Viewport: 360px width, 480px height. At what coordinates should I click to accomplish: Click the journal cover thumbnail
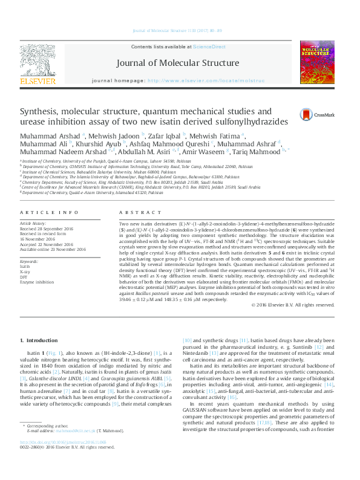pyautogui.click(x=318, y=61)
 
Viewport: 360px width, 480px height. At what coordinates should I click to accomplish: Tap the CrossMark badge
pyautogui.click(x=307, y=115)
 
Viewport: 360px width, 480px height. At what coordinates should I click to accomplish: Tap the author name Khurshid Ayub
pyautogui.click(x=101, y=144)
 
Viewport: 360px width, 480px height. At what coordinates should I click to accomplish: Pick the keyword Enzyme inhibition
pyautogui.click(x=36, y=265)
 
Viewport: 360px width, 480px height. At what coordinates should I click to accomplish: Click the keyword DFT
pyautogui.click(x=24, y=259)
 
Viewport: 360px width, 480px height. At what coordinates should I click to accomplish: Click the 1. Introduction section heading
pyautogui.click(x=39, y=341)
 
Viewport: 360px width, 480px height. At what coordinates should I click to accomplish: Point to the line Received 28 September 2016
pyautogui.click(x=46, y=227)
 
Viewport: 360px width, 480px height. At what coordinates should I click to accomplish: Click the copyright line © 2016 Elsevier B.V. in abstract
pyautogui.click(x=296, y=305)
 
